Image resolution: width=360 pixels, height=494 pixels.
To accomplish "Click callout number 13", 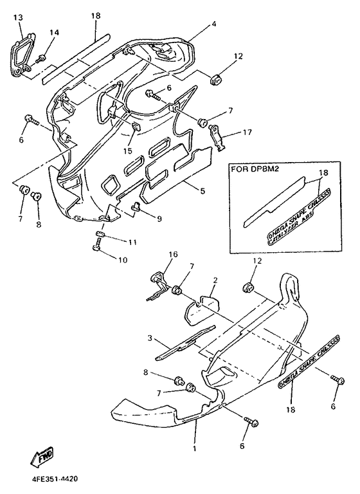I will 17,16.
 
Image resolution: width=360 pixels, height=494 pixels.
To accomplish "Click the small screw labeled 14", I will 44,59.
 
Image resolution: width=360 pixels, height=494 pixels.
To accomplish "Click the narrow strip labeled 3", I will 186,342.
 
